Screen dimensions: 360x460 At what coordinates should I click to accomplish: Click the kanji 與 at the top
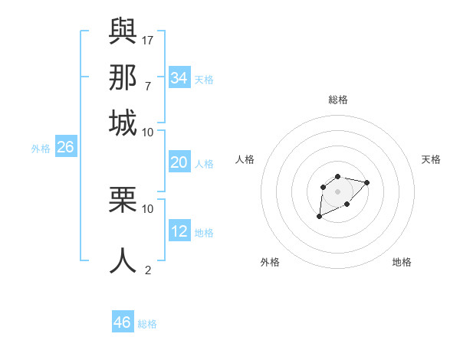click(123, 31)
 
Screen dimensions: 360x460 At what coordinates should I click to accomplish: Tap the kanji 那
click(123, 77)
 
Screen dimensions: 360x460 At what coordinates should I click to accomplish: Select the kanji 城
click(123, 123)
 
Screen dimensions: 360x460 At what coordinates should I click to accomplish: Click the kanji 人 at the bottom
click(123, 260)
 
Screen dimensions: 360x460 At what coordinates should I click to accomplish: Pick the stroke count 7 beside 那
click(147, 86)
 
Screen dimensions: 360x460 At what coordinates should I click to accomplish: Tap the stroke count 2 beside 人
click(147, 270)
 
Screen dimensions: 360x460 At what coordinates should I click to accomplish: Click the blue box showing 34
click(179, 77)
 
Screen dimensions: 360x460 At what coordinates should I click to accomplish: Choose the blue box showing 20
click(179, 162)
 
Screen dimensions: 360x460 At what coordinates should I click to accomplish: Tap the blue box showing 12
click(179, 231)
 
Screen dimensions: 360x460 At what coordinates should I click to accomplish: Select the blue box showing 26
click(65, 148)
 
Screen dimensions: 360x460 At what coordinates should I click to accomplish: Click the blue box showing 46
click(123, 322)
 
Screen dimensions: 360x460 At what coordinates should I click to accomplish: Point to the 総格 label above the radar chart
click(337, 100)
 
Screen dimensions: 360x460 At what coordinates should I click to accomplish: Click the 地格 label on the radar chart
click(402, 262)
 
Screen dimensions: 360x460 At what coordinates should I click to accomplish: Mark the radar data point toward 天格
click(367, 182)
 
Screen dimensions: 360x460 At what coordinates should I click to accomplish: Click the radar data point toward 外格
click(320, 217)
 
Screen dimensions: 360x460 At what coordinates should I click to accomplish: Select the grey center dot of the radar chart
click(337, 191)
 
